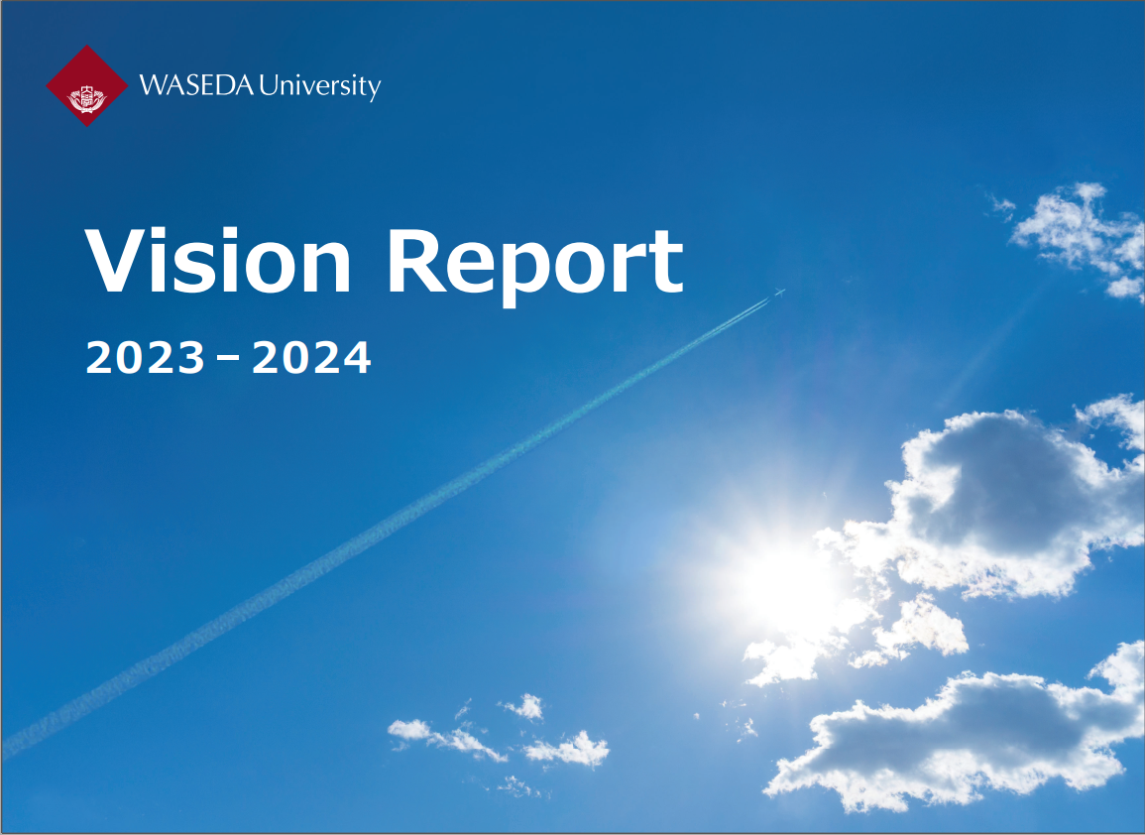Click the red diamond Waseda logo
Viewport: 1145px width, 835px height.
point(87,85)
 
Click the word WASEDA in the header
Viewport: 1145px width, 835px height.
point(196,85)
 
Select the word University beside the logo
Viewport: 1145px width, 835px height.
point(320,87)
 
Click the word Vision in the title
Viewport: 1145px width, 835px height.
point(218,261)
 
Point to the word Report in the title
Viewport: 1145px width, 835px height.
point(534,265)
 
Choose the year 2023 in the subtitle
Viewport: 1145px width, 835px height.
point(146,357)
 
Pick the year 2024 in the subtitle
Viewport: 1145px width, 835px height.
point(312,357)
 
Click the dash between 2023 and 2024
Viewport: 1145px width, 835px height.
point(228,358)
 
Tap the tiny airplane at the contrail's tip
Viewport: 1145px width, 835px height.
point(779,293)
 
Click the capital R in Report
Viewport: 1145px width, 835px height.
point(414,261)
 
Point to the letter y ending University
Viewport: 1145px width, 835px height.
point(374,90)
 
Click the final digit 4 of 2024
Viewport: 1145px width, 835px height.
point(357,357)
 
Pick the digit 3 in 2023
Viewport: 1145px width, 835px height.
point(191,357)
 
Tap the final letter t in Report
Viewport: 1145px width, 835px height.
point(668,264)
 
